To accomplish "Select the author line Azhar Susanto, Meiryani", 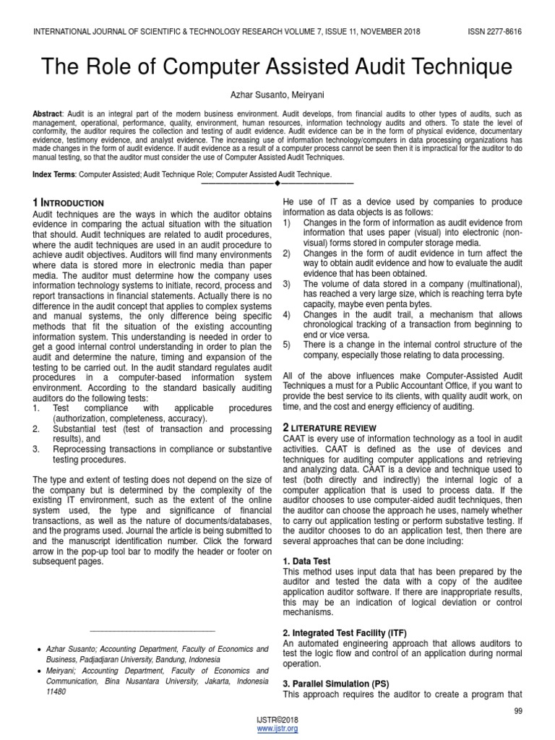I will click(x=277, y=95).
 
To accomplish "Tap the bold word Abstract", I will click(x=48, y=115).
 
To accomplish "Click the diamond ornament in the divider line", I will click(x=277, y=183).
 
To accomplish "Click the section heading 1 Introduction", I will click(x=69, y=203).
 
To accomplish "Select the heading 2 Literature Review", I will click(x=327, y=429).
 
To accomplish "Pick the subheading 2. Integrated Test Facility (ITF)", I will click(x=345, y=632).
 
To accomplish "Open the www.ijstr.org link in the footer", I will click(x=277, y=728).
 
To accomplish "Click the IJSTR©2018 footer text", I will click(x=277, y=720).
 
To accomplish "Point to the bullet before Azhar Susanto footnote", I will click(x=38, y=650).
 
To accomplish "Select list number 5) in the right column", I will click(x=287, y=345).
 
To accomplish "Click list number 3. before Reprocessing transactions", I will click(x=36, y=449).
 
